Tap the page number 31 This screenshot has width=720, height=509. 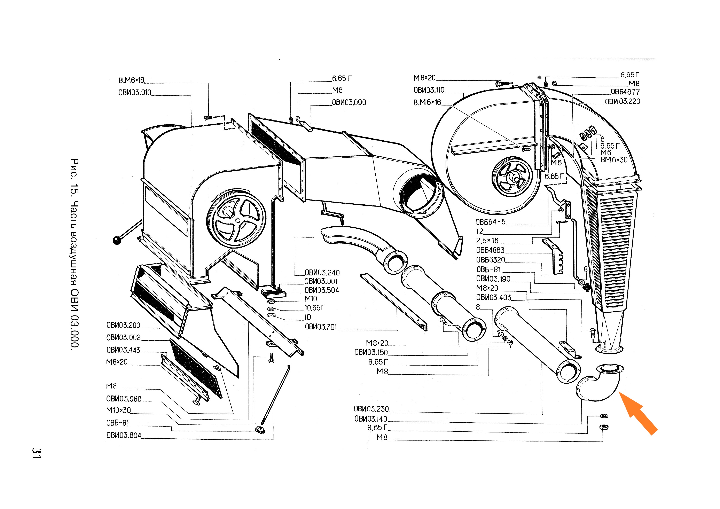pos(36,454)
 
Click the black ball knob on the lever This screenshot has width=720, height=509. pos(117,240)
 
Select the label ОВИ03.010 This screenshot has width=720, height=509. pos(135,93)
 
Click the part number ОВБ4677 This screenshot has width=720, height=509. pos(625,92)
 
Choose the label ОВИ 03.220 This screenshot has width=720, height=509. pos(623,101)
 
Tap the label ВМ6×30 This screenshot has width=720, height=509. pos(614,160)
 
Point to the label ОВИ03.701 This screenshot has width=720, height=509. pos(321,327)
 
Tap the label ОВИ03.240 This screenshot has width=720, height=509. pos(322,273)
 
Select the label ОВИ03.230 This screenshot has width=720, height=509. pos(371,409)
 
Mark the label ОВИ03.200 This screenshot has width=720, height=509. pos(123,325)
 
